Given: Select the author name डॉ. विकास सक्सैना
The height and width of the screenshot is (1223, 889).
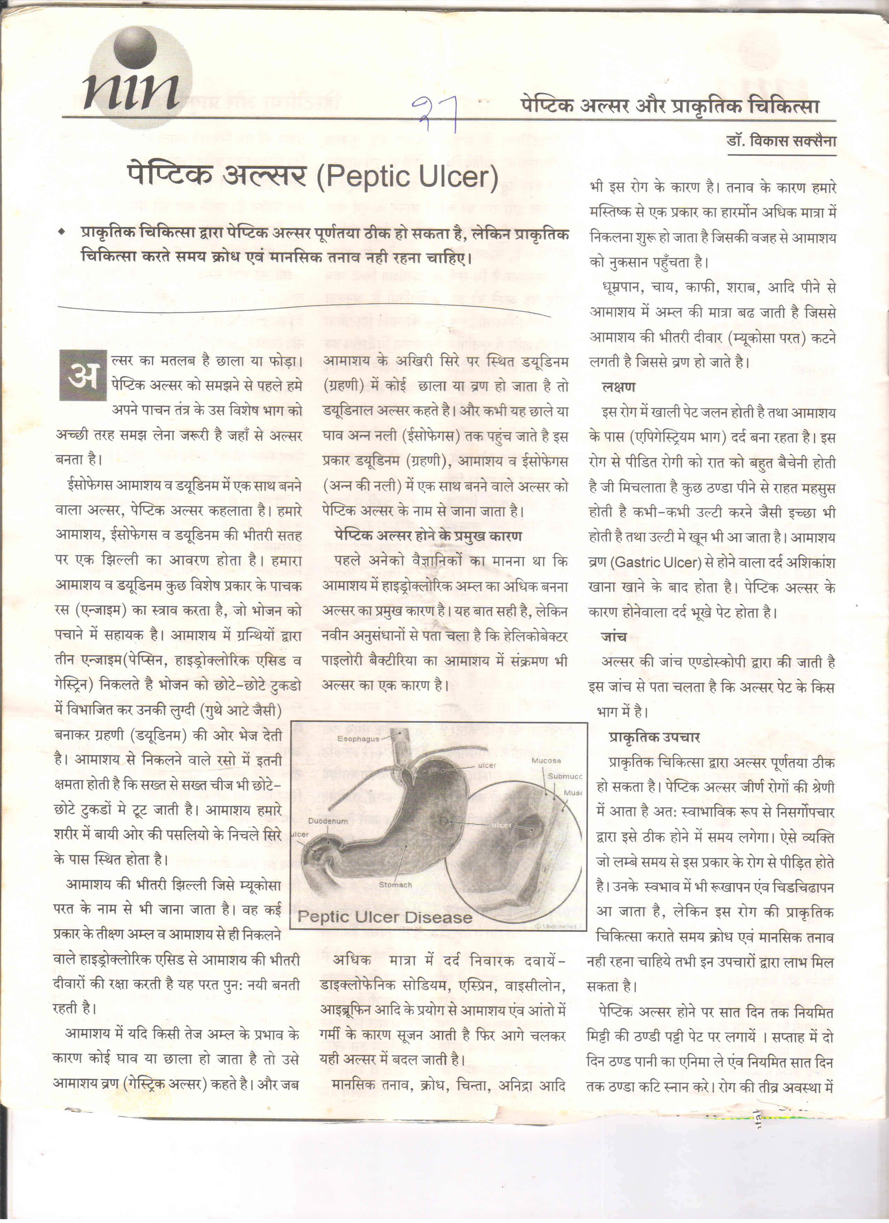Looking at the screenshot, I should click(x=781, y=141).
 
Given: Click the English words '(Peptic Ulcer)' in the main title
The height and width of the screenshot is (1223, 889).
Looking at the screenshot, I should click(x=407, y=176).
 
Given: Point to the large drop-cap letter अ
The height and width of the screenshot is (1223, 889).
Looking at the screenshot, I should click(x=83, y=375).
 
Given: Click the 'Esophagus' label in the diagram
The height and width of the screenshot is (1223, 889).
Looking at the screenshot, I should click(x=358, y=738).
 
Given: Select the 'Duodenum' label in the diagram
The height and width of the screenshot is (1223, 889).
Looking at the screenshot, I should click(x=328, y=821).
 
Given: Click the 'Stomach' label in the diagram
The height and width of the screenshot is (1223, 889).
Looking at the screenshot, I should click(x=395, y=885).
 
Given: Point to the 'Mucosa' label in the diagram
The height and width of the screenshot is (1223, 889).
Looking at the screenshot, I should click(x=546, y=760).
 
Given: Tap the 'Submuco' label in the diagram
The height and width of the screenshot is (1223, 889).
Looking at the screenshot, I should click(x=564, y=776).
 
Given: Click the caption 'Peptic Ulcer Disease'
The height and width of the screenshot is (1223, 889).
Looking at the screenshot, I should click(x=385, y=917).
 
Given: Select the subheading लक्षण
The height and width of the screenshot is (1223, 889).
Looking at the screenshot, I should click(x=618, y=387).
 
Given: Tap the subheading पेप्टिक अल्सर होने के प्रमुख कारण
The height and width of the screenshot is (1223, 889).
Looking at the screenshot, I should click(x=428, y=536).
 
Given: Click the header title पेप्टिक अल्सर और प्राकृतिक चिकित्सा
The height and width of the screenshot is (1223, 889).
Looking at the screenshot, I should click(x=669, y=106).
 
